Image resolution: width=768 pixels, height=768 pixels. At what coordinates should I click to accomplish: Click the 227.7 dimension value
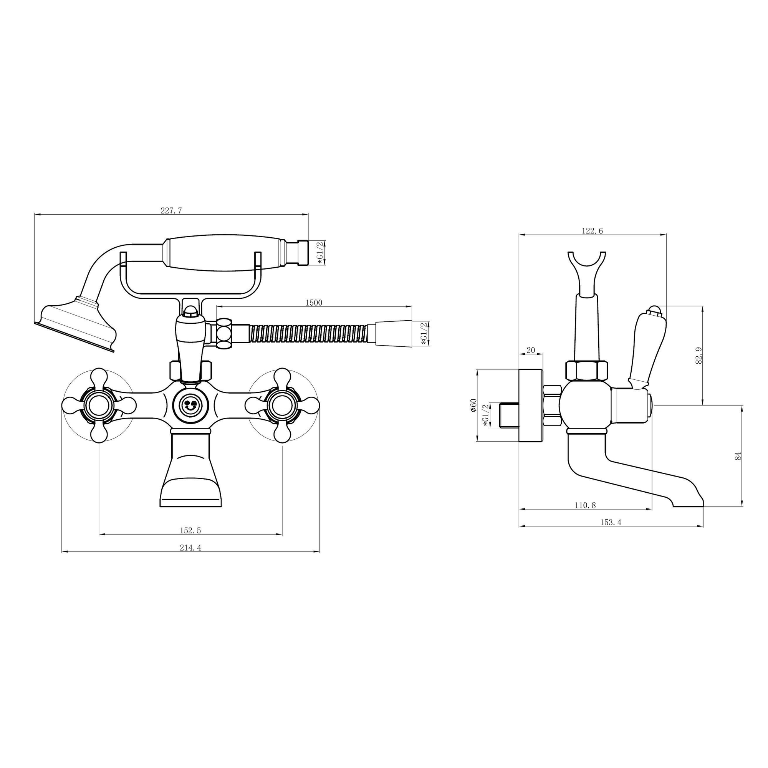point(171,210)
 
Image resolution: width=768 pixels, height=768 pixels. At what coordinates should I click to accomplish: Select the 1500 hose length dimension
point(314,303)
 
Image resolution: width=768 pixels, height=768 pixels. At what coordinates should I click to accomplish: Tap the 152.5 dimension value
point(190,530)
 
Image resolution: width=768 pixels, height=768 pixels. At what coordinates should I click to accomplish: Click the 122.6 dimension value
point(592,230)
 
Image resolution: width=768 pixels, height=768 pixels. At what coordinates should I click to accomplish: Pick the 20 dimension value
point(531,350)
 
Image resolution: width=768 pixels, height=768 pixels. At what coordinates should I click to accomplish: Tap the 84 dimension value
point(738,456)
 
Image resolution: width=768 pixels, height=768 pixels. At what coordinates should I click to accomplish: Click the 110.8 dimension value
point(585,505)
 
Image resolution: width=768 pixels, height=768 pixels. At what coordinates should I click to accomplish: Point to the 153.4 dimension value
point(611,522)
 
